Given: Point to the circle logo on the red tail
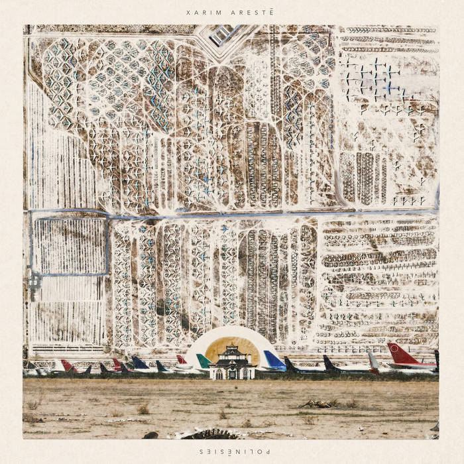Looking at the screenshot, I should [400, 353].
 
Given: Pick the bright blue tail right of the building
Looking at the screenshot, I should [274, 360].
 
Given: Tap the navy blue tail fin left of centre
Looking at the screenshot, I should [140, 363].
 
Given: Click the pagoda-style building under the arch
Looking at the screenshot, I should [232, 365].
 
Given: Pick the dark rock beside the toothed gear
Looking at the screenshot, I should [152, 435].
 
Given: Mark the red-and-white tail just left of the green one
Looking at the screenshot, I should [181, 360].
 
